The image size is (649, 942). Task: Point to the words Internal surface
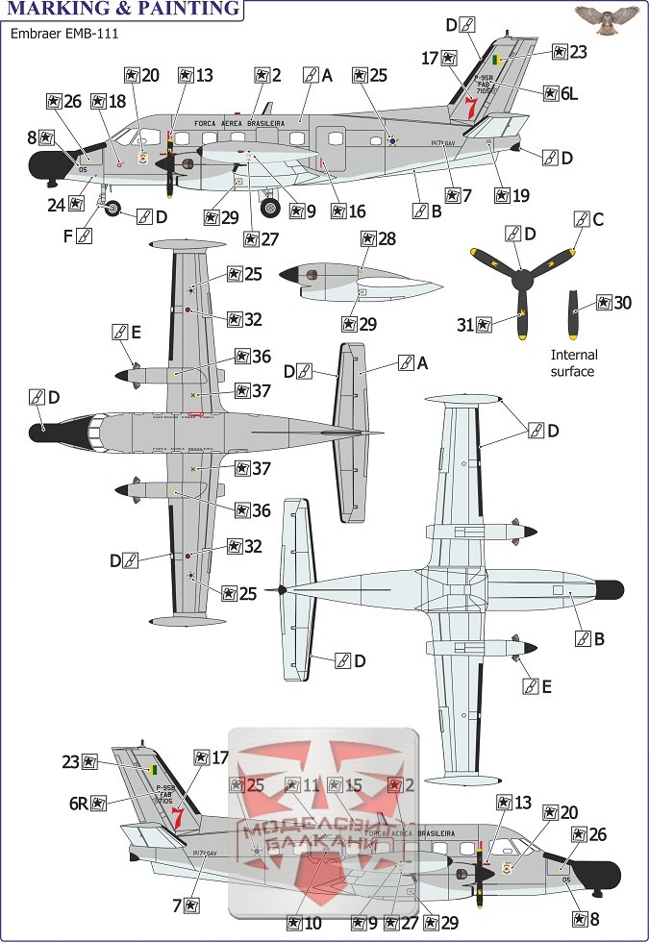point(572,363)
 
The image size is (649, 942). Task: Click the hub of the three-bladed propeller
point(521,281)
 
